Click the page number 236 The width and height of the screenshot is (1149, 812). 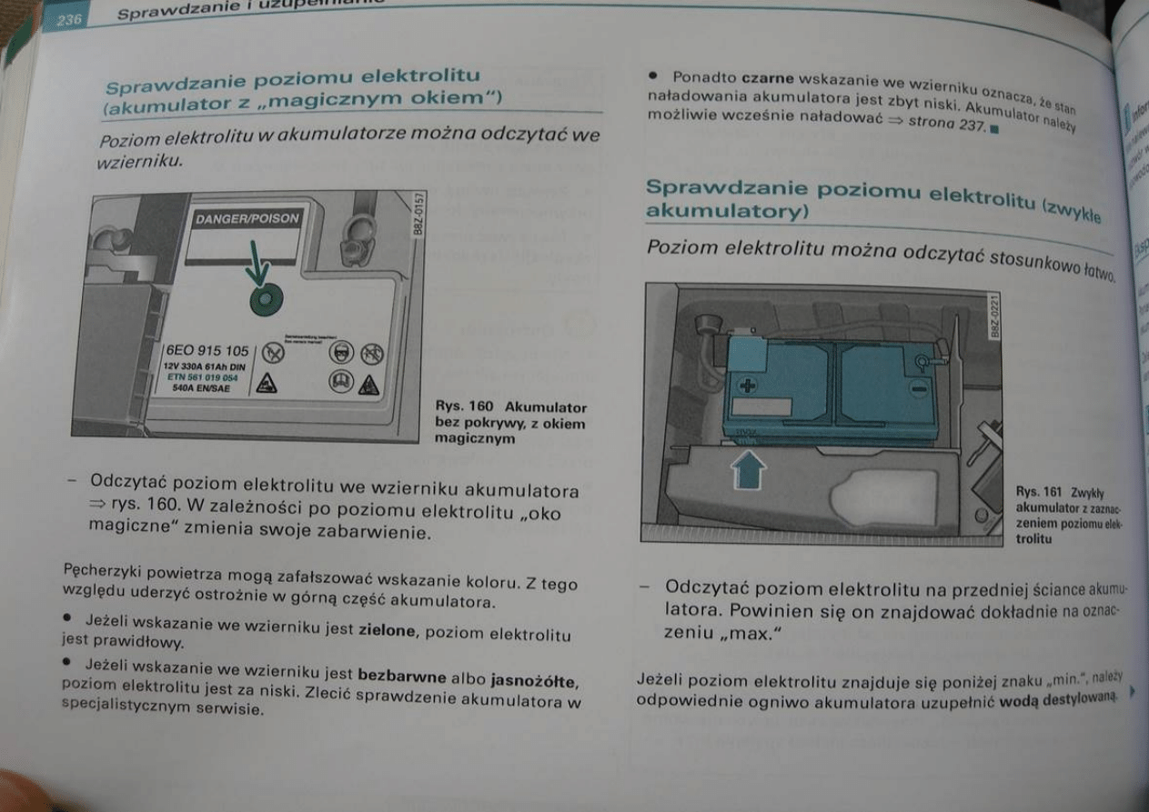click(x=70, y=20)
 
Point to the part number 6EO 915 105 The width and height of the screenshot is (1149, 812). click(x=207, y=351)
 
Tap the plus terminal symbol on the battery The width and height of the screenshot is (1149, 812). click(x=748, y=386)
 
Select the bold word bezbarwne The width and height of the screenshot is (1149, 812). click(x=403, y=677)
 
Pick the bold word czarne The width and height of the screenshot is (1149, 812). click(x=769, y=82)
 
